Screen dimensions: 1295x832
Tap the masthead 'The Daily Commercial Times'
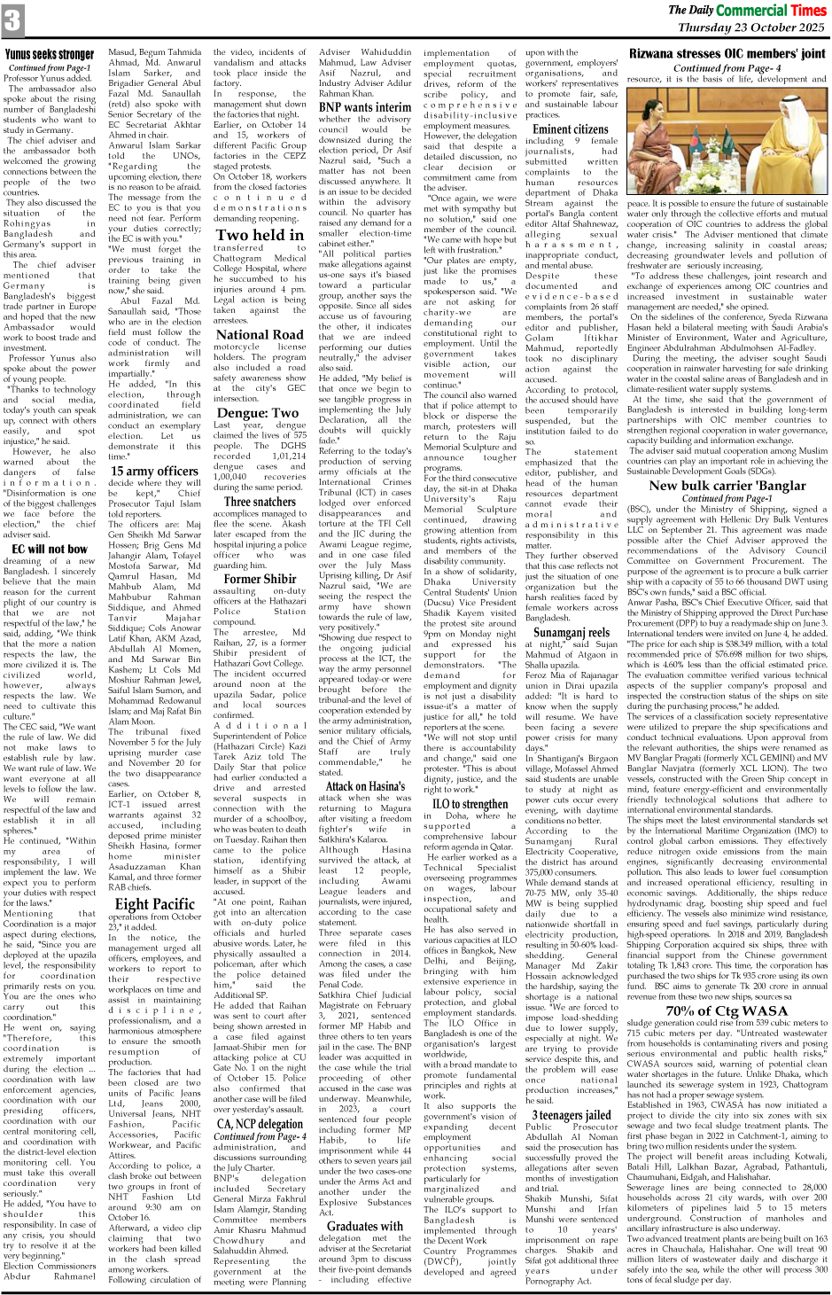[746, 11]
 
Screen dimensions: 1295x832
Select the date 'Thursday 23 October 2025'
[751, 27]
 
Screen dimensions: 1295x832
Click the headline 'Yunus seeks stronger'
[50, 55]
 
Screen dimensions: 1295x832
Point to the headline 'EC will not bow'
[46, 549]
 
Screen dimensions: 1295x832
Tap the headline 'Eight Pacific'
[154, 904]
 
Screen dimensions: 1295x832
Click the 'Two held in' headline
[259, 235]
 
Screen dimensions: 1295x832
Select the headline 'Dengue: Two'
[258, 412]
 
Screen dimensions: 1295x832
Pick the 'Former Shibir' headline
[260, 579]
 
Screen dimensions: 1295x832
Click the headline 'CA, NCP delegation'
[260, 1124]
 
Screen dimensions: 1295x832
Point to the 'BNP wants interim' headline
[365, 107]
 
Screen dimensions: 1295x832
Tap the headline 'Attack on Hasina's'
[365, 785]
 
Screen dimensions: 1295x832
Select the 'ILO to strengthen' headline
[470, 804]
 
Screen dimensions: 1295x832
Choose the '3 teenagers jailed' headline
[571, 1115]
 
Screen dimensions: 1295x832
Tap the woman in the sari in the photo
[657, 152]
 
